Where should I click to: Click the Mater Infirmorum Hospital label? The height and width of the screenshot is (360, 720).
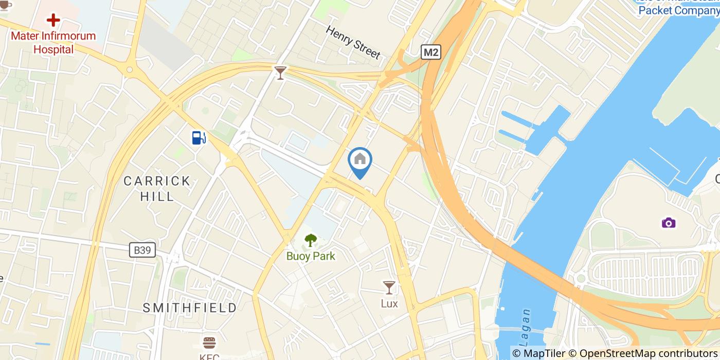(53, 43)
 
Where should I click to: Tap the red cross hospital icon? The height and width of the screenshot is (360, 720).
(53, 21)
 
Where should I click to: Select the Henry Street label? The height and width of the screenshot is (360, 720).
(353, 42)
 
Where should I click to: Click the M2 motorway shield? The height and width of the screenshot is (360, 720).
(431, 52)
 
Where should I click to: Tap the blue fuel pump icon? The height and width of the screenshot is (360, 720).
(199, 137)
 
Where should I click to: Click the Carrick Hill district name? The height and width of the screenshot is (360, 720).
(157, 188)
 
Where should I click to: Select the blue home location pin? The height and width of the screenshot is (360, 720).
(360, 160)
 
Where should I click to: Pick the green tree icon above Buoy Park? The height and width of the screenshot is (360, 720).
(311, 240)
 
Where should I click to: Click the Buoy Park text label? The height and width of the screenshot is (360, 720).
(311, 256)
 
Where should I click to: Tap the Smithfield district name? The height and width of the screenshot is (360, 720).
(190, 308)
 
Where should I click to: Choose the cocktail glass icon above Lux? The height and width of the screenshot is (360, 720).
(389, 287)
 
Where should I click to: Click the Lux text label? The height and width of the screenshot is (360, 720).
(389, 303)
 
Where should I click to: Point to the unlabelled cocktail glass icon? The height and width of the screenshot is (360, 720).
(280, 73)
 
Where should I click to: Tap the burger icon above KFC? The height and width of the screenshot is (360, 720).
(209, 343)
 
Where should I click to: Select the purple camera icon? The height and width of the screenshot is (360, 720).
(669, 223)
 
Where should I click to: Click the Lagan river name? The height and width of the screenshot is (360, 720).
(525, 324)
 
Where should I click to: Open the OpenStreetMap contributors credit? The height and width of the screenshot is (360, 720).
(643, 353)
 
